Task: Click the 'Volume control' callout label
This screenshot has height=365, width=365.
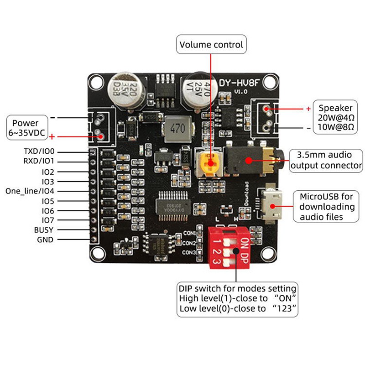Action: click(x=211, y=45)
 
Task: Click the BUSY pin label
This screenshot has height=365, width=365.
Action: click(x=44, y=229)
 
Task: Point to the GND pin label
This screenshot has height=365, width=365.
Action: click(x=45, y=240)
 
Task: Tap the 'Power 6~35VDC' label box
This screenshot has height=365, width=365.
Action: click(x=28, y=127)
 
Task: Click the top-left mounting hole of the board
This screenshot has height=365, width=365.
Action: click(x=96, y=83)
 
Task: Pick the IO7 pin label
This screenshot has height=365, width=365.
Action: click(x=47, y=220)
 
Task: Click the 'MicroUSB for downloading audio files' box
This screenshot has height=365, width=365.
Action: click(x=327, y=207)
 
